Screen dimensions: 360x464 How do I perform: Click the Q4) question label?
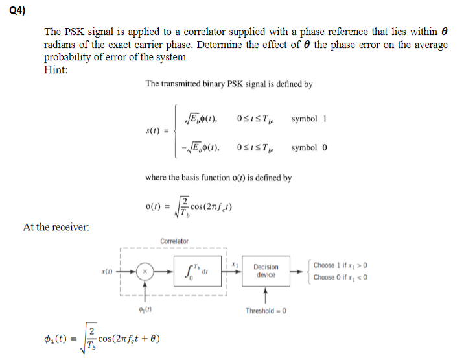[17, 9]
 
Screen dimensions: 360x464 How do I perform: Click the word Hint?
[55, 71]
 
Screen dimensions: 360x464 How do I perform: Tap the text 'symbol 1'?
[309, 119]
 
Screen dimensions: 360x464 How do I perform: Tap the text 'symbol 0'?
[309, 147]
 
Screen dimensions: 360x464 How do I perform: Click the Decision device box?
[266, 271]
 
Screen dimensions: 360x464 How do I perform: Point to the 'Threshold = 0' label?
[266, 311]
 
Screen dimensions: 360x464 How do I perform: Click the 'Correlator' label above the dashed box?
[175, 242]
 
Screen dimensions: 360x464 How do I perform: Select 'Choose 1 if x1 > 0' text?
[340, 265]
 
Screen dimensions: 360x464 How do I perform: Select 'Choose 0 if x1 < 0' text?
[340, 277]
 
